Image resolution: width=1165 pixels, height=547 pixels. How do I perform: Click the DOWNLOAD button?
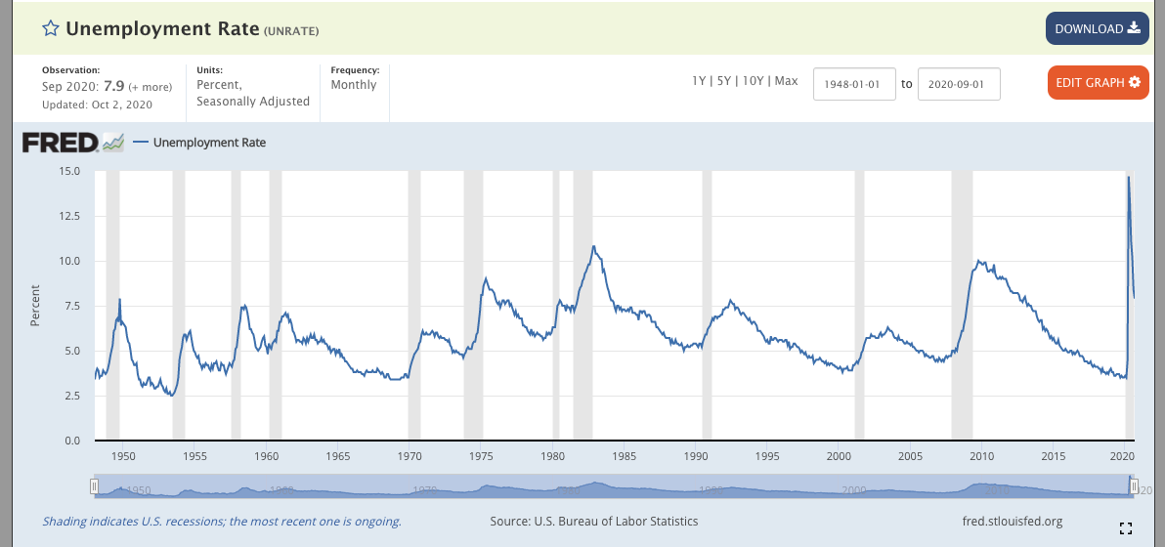(x=1097, y=28)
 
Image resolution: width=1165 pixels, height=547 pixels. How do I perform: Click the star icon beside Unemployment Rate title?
(x=51, y=28)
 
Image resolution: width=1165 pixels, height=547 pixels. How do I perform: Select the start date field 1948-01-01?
(x=854, y=84)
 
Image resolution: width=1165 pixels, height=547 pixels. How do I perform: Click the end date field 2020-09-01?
(x=959, y=84)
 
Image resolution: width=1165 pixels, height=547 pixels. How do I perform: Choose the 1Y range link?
(x=699, y=81)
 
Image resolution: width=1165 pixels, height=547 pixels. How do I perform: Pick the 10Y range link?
(x=753, y=81)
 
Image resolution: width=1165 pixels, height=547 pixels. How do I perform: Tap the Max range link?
(x=787, y=81)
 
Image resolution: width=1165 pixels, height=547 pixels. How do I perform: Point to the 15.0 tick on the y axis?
(x=69, y=171)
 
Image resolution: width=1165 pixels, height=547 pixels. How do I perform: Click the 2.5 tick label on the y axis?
(x=71, y=396)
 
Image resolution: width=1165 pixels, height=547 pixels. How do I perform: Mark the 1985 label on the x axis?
(x=625, y=456)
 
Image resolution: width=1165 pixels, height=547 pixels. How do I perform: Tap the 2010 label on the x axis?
(x=981, y=456)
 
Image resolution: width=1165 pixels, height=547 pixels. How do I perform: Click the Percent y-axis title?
(x=35, y=305)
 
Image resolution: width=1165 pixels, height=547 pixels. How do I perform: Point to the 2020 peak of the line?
(x=1129, y=178)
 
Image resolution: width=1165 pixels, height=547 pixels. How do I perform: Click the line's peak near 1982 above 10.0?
(x=593, y=246)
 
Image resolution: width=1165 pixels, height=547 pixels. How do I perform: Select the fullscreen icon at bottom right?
(x=1125, y=528)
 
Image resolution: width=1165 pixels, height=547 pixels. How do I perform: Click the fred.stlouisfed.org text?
(x=1013, y=522)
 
